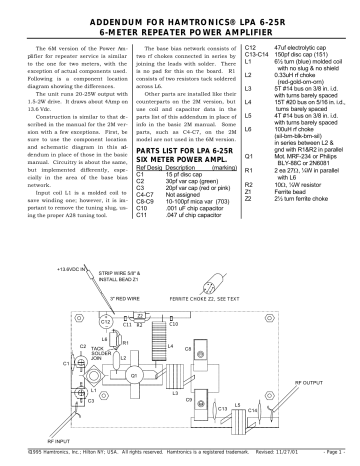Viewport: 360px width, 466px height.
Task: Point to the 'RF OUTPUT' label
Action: pyautogui.click(x=319, y=381)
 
